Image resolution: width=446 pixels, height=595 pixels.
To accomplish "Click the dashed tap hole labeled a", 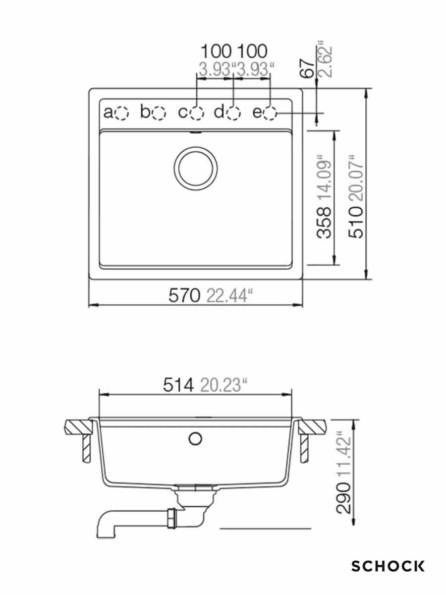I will point(121,114).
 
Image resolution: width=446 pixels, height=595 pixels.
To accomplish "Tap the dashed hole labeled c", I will point(197,114).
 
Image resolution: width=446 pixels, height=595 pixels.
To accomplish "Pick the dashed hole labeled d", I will point(233,114).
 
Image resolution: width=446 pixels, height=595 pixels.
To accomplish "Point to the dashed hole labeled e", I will point(270,114).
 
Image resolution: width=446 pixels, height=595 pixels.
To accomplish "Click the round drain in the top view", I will point(196,168).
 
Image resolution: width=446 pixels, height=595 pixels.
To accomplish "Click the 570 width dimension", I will point(184,296).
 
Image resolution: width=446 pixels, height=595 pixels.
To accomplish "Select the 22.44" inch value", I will point(228,296).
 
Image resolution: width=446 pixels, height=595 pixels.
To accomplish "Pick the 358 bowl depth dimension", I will point(325,222).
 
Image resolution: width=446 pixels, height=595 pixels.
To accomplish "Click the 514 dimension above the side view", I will point(178,385).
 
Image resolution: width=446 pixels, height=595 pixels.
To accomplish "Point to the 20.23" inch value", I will point(223,385).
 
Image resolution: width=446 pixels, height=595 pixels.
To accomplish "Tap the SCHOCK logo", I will point(388,566).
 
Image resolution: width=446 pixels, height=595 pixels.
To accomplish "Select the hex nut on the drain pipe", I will point(171,519).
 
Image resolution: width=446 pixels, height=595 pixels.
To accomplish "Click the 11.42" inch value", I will point(344,454).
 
